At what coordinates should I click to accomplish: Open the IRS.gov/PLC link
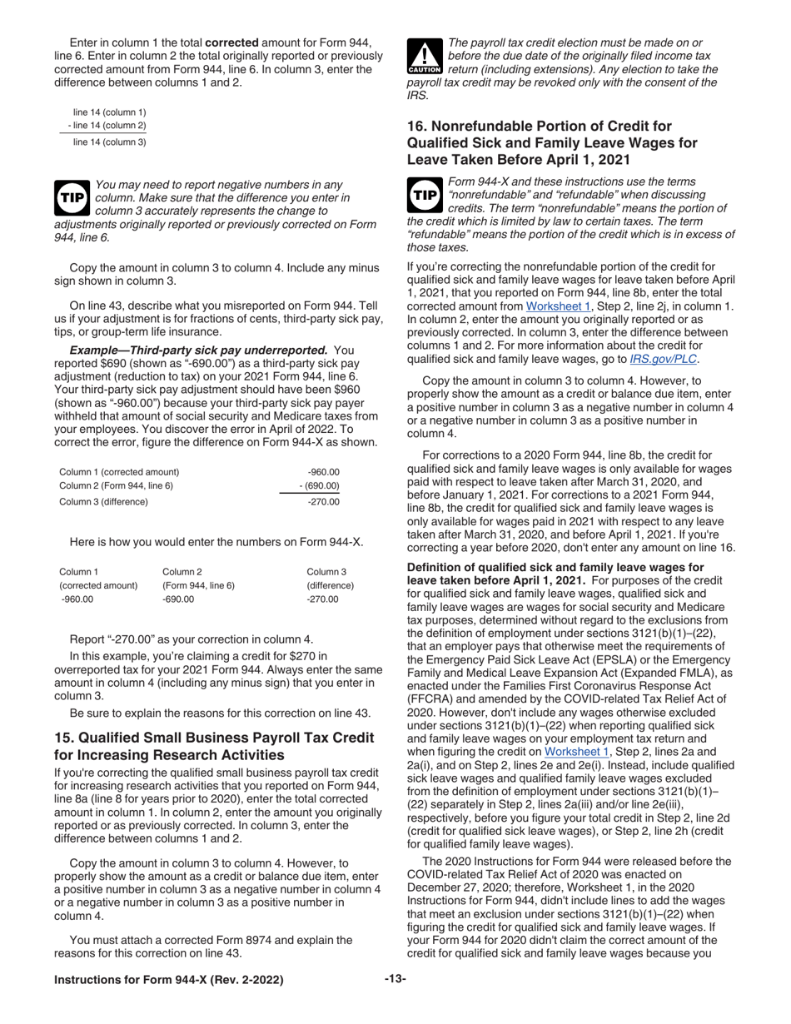click(x=663, y=359)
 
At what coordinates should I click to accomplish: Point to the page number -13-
click(x=395, y=979)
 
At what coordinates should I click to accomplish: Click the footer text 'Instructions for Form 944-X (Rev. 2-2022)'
click(x=168, y=980)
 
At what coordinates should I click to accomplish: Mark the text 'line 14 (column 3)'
click(x=110, y=142)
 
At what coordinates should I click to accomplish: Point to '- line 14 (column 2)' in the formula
click(x=107, y=126)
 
